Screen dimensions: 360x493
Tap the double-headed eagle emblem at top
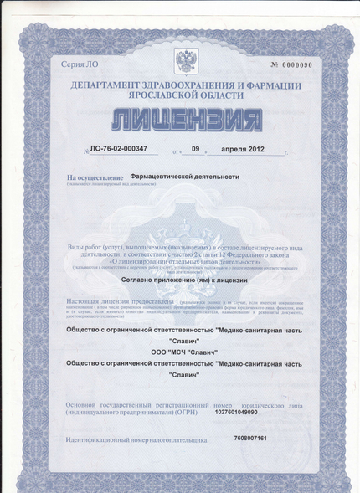(x=184, y=61)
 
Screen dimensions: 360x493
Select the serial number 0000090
(x=297, y=65)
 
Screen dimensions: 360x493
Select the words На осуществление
(x=96, y=178)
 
